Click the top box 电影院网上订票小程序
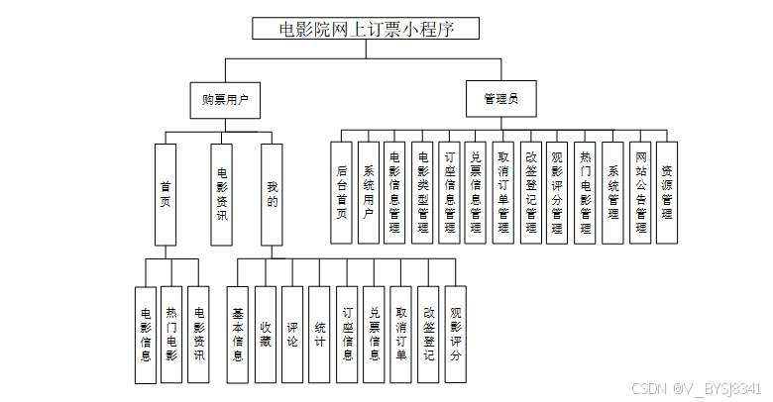tap(366, 28)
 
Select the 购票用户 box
tap(225, 99)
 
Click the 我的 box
tap(273, 194)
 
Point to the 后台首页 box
tap(341, 192)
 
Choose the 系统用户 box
tap(369, 192)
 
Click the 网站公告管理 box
tap(640, 192)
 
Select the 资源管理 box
tap(667, 192)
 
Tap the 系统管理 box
tap(612, 192)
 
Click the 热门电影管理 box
tap(585, 192)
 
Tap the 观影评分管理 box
tap(557, 192)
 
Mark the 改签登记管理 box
tap(530, 192)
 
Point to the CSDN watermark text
tap(696, 388)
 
